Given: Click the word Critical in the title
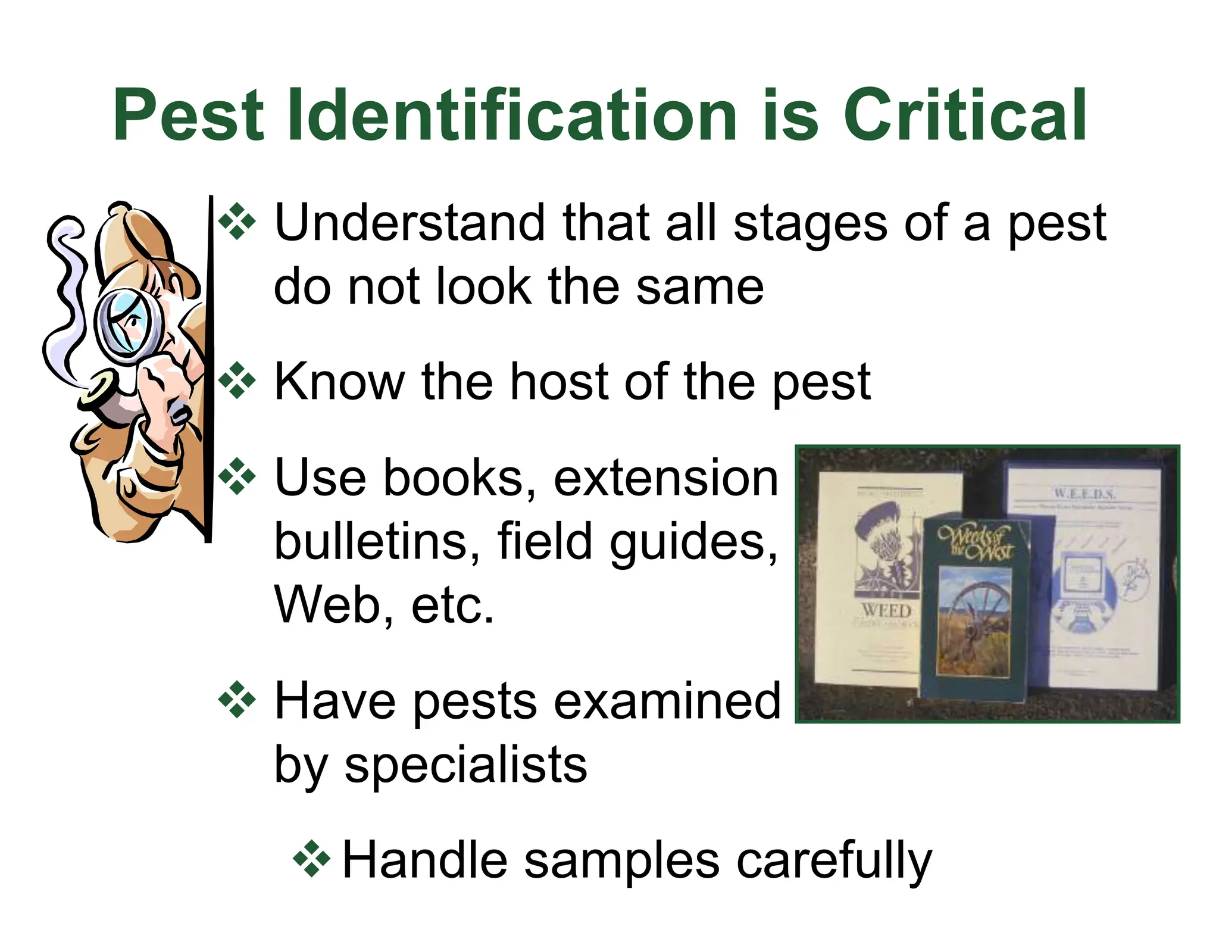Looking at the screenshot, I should pos(965,114).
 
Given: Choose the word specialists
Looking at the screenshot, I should pos(465,765).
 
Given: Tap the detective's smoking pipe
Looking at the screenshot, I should pos(107,393).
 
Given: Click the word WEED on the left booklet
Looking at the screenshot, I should pos(887,611).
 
